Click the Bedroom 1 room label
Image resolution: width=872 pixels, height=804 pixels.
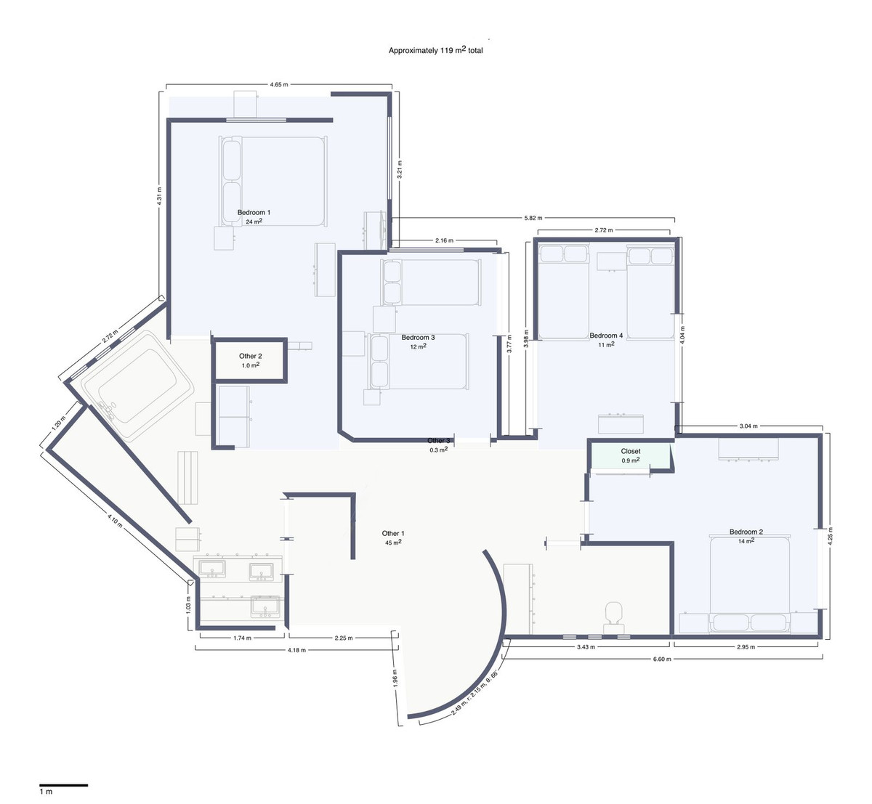[249, 213]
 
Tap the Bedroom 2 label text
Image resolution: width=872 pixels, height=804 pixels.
[746, 532]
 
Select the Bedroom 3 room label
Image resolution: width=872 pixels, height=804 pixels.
[418, 338]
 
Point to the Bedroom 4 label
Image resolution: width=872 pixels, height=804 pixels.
[606, 336]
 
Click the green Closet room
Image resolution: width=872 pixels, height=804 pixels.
[630, 455]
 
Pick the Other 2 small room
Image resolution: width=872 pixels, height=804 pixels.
[250, 360]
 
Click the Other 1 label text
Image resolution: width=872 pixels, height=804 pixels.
[393, 534]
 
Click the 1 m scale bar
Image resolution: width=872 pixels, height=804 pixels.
[63, 784]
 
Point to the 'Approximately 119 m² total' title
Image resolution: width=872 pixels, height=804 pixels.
[435, 50]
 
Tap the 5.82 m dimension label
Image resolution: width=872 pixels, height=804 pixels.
[533, 218]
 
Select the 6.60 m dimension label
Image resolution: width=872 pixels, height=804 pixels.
[660, 659]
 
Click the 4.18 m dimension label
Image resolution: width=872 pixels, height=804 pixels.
[296, 650]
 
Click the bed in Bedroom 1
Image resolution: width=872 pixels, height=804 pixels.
[272, 182]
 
